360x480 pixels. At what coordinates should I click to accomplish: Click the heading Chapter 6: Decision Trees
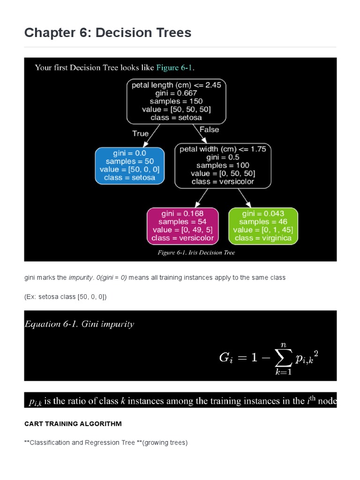click(108, 32)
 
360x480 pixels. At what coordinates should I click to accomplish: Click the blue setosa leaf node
click(130, 165)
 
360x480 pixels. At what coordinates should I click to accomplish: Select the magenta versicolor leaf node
click(182, 225)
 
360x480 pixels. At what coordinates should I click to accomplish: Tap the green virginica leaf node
click(263, 225)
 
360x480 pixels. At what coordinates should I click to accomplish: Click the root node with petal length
click(176, 101)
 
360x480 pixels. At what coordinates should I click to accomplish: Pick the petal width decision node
click(223, 165)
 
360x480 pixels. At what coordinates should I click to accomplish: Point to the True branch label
click(140, 134)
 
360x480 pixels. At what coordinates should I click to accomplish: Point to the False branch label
click(209, 129)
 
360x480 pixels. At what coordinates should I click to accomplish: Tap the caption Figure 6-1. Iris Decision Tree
click(196, 253)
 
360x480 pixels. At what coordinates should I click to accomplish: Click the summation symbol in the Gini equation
click(284, 358)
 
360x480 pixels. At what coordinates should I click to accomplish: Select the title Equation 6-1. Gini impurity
click(79, 324)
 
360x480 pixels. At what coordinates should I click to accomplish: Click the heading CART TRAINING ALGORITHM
click(73, 424)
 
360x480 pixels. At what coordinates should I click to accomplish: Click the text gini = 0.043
click(263, 213)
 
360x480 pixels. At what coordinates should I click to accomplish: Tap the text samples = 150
click(176, 101)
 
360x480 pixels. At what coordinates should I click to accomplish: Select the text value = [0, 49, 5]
click(182, 230)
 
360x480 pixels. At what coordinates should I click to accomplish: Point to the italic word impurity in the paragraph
click(80, 277)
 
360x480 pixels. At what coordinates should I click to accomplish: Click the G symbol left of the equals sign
click(225, 358)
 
